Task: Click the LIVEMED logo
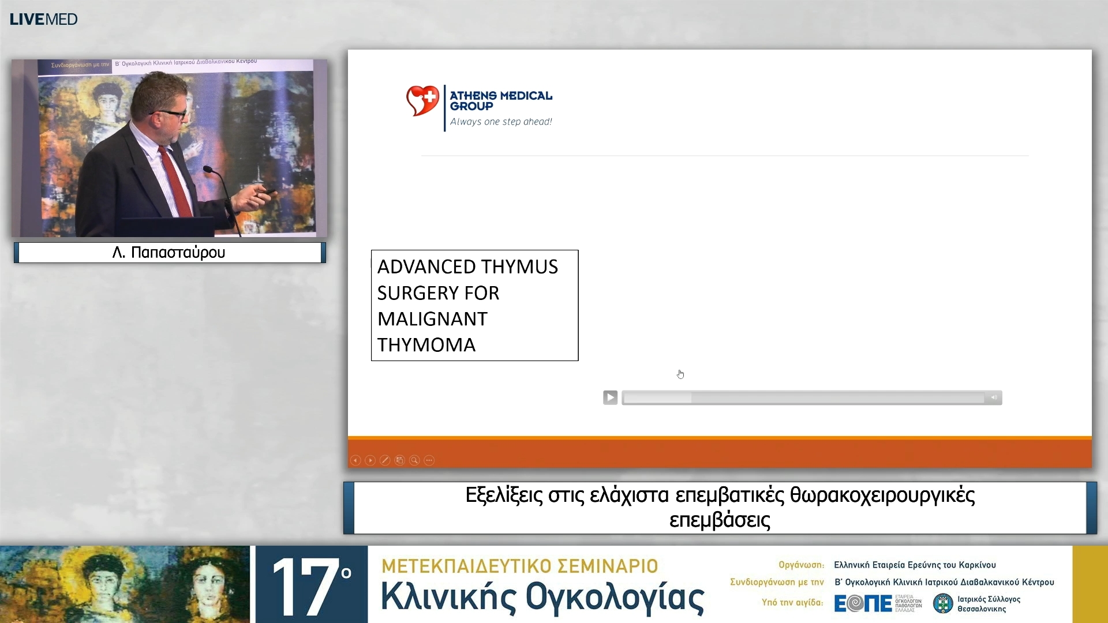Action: pyautogui.click(x=43, y=19)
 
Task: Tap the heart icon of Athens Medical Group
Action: pyautogui.click(x=422, y=100)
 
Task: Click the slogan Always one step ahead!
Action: pyautogui.click(x=501, y=122)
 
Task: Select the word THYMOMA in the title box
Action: pyautogui.click(x=426, y=345)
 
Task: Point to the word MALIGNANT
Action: pyautogui.click(x=432, y=319)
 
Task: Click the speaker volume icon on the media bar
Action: pyautogui.click(x=994, y=397)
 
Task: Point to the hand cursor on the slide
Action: pyautogui.click(x=680, y=374)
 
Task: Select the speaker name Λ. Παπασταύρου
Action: pyautogui.click(x=169, y=253)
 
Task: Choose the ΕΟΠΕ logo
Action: pyautogui.click(x=863, y=603)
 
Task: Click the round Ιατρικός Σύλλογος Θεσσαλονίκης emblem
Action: pyautogui.click(x=943, y=603)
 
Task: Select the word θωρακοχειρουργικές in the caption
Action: pyautogui.click(x=882, y=496)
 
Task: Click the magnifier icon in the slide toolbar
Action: pyautogui.click(x=414, y=460)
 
